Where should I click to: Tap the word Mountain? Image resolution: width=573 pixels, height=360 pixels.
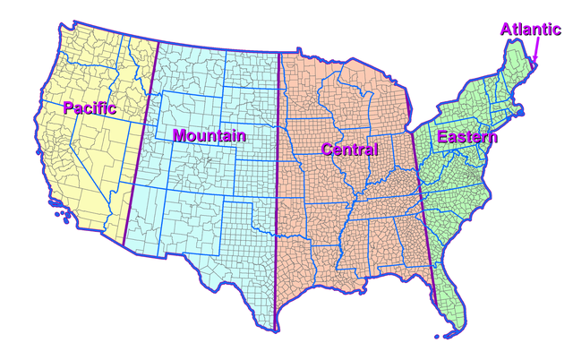coord(209,135)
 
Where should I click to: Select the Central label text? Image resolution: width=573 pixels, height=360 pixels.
coord(350,148)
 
